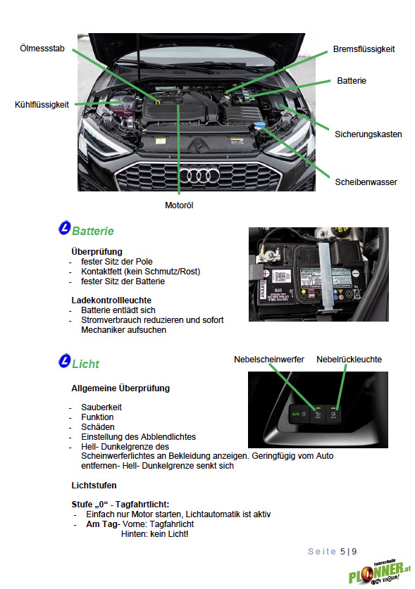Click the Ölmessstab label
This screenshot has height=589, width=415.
[x=42, y=49]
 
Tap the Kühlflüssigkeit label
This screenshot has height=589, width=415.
[x=42, y=105]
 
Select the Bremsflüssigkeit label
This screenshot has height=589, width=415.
[x=364, y=49]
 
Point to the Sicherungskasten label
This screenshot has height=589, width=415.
[x=368, y=134]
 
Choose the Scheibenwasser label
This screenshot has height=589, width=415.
[x=366, y=182]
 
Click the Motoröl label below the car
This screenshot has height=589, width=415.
[x=179, y=205]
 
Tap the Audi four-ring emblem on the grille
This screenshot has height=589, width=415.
[x=199, y=175]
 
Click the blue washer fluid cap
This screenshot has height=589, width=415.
[x=259, y=125]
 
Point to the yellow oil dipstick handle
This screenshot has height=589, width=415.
[x=158, y=101]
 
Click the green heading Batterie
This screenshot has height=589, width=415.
[x=93, y=231]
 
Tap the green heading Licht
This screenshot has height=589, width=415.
[x=86, y=364]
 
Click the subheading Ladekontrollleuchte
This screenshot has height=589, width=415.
[x=111, y=300]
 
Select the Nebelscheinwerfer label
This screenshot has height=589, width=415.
[x=269, y=360]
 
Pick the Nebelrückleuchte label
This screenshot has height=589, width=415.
[x=349, y=360]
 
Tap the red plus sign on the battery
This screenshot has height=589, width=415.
[x=266, y=273]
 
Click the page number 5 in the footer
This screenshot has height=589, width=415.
[x=342, y=552]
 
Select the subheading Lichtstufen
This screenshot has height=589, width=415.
[x=94, y=486]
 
